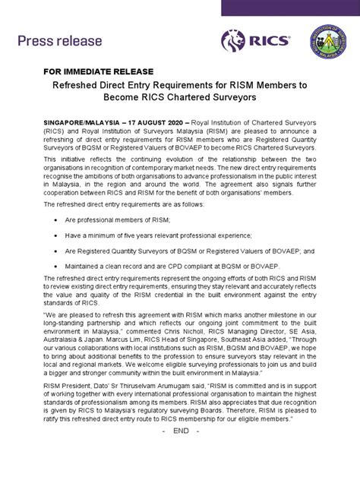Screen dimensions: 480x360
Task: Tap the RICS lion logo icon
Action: click(x=233, y=40)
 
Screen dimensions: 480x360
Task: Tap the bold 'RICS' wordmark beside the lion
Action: click(x=270, y=40)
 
